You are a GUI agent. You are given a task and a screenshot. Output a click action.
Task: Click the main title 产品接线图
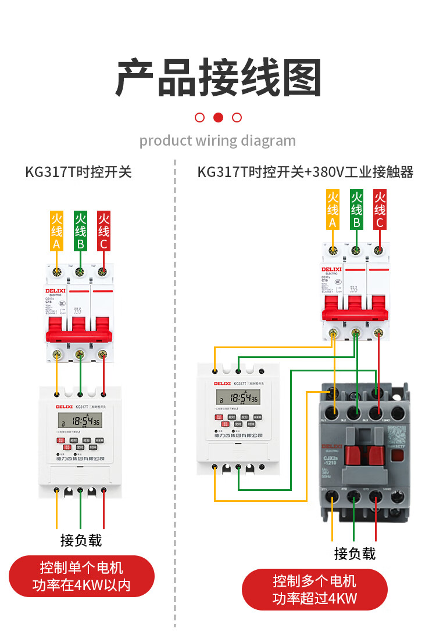click(x=218, y=77)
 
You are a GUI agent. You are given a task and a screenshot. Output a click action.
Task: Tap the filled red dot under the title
click(x=218, y=117)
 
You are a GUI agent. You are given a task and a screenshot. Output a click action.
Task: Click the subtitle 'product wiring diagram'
click(x=217, y=140)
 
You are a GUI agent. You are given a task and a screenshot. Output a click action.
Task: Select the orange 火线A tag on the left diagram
click(x=56, y=231)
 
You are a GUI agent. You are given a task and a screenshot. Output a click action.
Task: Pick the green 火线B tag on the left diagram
click(x=80, y=231)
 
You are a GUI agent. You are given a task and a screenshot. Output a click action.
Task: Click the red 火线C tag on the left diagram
click(x=104, y=231)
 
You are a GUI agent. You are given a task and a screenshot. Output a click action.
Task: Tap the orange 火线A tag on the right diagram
click(x=333, y=210)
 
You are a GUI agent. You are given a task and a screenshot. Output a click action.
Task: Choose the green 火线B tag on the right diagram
click(x=356, y=210)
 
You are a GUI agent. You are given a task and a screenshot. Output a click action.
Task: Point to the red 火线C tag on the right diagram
click(x=380, y=210)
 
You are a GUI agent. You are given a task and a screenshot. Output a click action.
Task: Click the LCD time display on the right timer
click(x=238, y=398)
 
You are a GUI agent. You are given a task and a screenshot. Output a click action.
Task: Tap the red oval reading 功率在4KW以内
click(x=81, y=576)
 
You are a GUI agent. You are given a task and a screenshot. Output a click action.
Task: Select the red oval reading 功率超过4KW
click(x=315, y=589)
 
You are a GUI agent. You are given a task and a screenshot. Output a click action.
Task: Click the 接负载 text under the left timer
click(x=81, y=540)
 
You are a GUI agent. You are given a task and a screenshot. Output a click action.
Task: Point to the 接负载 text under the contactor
click(x=355, y=553)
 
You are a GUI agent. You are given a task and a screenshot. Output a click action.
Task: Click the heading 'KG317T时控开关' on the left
click(x=78, y=172)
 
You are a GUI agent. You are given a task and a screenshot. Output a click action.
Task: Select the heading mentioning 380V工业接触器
click(x=305, y=172)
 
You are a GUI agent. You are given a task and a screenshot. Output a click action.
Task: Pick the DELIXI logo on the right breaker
click(x=331, y=269)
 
